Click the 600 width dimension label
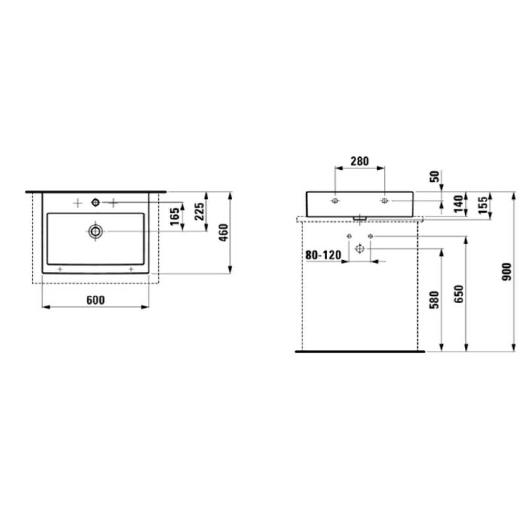click(95, 300)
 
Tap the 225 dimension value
click(199, 211)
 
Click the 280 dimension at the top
click(360, 161)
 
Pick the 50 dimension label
click(435, 176)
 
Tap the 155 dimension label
click(484, 205)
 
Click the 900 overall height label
click(507, 272)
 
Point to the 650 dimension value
click(459, 294)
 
